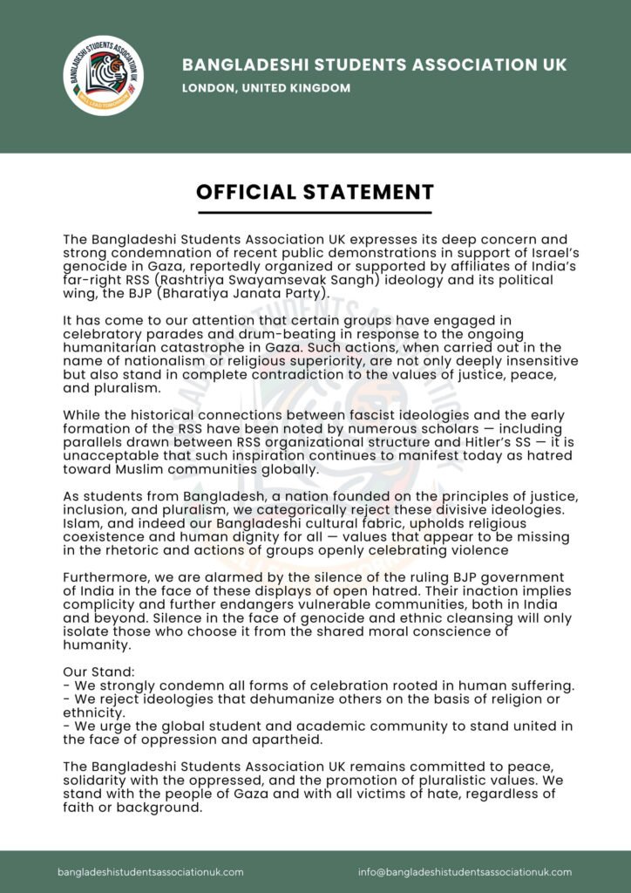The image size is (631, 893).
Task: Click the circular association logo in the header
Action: pos(104,75)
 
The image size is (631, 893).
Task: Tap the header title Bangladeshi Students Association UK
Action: pos(374,65)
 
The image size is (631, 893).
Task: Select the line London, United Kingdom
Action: pos(266,88)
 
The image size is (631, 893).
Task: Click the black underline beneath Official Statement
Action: pos(315,212)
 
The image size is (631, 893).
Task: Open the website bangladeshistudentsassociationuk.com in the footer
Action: pos(151,871)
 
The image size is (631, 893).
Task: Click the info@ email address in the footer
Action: pos(465,871)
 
